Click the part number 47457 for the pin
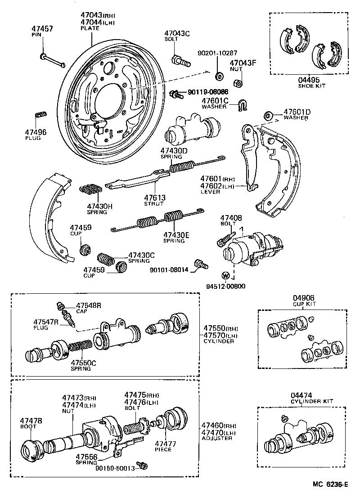coord(43,28)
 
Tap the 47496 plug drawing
coord(40,114)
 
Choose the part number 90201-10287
coord(217,53)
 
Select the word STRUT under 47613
coord(154,203)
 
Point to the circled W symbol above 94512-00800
coord(226,275)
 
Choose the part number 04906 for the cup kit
coord(304,298)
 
